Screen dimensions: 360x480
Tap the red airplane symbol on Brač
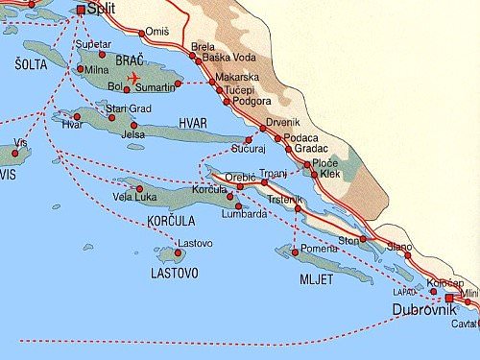[132, 77]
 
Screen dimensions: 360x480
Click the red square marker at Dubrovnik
[448, 298]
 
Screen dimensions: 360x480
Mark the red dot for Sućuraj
[248, 141]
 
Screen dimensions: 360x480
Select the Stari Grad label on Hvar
[130, 108]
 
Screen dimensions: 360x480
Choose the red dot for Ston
[363, 239]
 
